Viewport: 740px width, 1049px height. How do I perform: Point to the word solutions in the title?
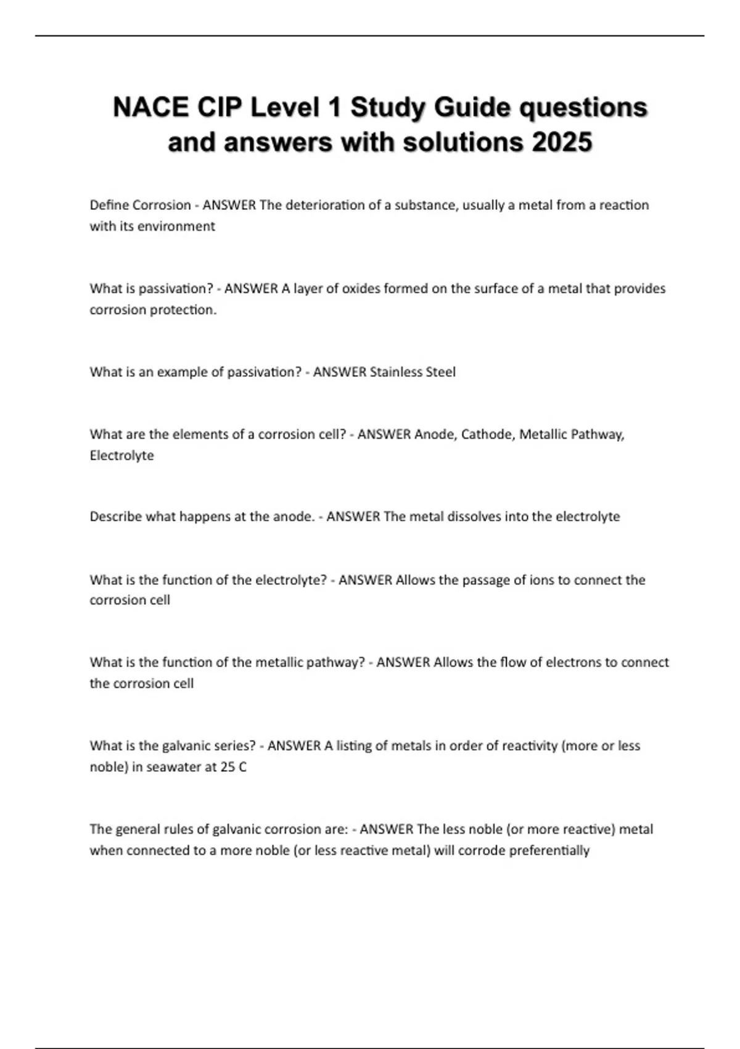coord(463,143)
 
